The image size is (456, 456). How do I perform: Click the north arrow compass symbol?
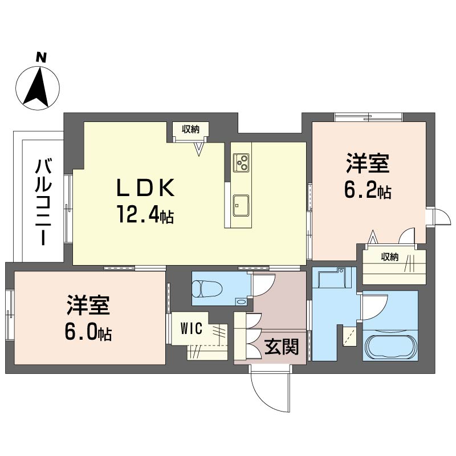(x=38, y=88)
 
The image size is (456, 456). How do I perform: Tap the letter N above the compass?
(x=40, y=57)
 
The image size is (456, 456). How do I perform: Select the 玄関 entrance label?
(x=282, y=347)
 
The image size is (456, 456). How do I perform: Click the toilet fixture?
(x=206, y=288)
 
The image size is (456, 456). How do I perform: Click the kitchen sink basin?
(x=240, y=203)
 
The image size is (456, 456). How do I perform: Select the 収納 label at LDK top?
(x=191, y=129)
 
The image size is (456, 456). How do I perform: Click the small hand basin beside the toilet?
(x=242, y=302)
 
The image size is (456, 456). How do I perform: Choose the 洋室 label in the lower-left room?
(x=87, y=306)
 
